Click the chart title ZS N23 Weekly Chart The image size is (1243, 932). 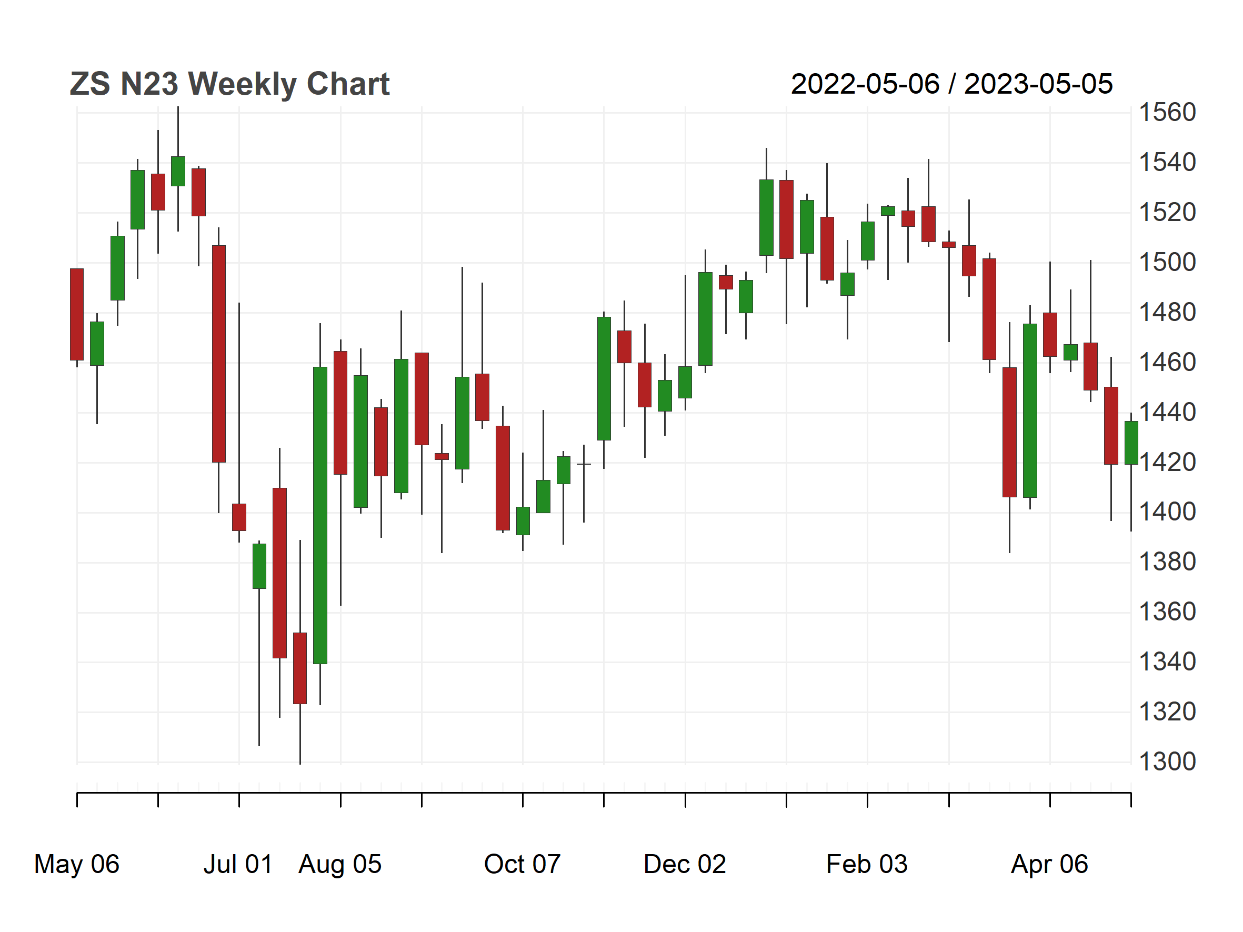229,84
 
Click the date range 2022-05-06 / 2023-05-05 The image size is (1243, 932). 951,84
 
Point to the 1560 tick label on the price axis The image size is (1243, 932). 1167,113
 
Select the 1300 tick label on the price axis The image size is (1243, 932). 1167,762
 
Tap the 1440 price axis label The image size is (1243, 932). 1167,413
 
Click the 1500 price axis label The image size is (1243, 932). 1167,263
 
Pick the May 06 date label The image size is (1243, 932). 77,864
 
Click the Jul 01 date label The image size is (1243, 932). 238,864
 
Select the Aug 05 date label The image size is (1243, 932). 340,864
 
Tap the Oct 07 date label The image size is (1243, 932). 523,864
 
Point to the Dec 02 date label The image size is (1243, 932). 685,864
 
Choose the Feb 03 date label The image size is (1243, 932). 867,864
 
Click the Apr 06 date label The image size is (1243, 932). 1050,864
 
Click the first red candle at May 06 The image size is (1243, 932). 77,315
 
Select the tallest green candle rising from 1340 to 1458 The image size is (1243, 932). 320,515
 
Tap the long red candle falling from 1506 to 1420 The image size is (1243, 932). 218,354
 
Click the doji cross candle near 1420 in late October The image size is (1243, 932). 584,464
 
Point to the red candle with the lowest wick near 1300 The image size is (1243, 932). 300,668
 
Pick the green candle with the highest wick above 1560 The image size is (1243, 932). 178,172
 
